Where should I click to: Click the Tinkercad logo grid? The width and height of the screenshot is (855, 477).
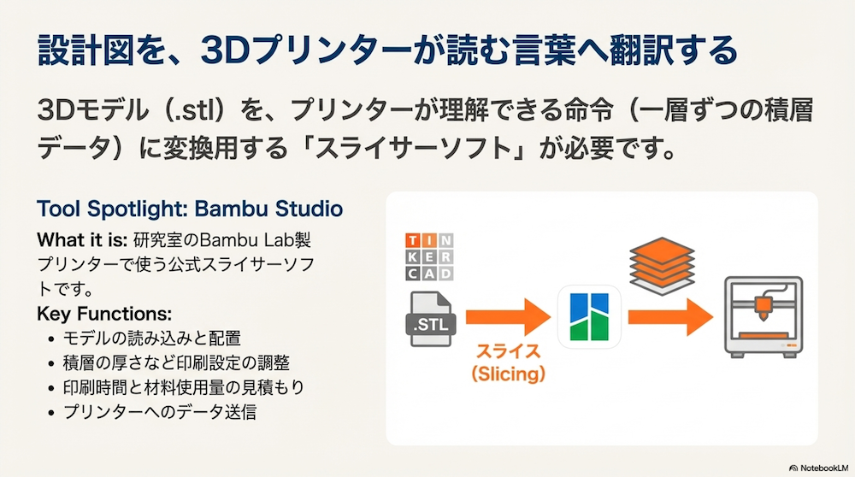pyautogui.click(x=429, y=256)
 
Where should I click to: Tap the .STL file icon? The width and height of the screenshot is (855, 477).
pyautogui.click(x=431, y=319)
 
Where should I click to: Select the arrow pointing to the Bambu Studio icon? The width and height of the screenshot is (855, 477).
pyautogui.click(x=508, y=317)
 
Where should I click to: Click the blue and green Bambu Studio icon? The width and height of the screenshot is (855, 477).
pyautogui.click(x=589, y=317)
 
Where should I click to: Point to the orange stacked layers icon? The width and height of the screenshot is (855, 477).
pyautogui.click(x=662, y=266)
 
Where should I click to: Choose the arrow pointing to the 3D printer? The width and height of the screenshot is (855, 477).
pyautogui.click(x=670, y=317)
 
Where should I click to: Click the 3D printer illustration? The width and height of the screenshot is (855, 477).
pyautogui.click(x=764, y=317)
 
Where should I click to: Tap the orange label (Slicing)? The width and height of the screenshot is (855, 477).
pyautogui.click(x=508, y=374)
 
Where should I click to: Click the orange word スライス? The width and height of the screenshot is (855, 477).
pyautogui.click(x=508, y=351)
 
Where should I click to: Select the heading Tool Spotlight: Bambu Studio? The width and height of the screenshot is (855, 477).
pyautogui.click(x=190, y=209)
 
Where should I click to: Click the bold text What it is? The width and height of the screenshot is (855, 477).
pyautogui.click(x=82, y=240)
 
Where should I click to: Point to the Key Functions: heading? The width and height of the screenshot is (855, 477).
pyautogui.click(x=104, y=314)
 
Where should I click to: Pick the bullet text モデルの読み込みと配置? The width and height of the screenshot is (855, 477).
pyautogui.click(x=152, y=339)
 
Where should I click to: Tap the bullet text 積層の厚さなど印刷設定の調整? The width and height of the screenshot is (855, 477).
pyautogui.click(x=176, y=363)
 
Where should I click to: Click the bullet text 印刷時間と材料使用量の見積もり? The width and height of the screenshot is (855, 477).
pyautogui.click(x=184, y=387)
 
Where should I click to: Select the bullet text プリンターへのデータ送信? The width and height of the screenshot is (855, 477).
pyautogui.click(x=160, y=412)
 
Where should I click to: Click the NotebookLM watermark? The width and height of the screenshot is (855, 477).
pyautogui.click(x=819, y=468)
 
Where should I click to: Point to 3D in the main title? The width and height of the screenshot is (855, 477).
pyautogui.click(x=225, y=50)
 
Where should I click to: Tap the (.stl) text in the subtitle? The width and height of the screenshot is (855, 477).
pyautogui.click(x=193, y=110)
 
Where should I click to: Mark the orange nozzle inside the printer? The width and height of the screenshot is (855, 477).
pyautogui.click(x=764, y=308)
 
